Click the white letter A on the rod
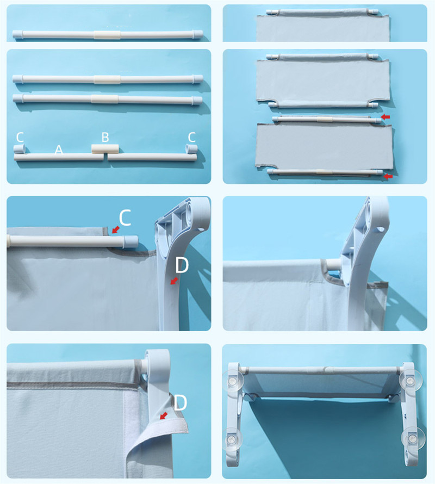[x=59, y=150]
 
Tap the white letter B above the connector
[x=105, y=137]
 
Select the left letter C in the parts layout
[x=20, y=137]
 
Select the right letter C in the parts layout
[x=192, y=137]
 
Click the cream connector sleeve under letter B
[x=105, y=149]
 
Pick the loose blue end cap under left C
[x=19, y=148]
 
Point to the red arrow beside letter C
[x=116, y=229]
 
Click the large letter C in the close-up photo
[x=125, y=218]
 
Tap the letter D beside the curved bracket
[x=182, y=265]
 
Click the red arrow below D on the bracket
[x=174, y=281]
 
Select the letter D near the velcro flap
[x=181, y=402]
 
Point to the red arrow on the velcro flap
[x=164, y=415]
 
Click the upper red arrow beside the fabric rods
[x=386, y=117]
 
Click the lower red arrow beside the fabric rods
[x=388, y=176]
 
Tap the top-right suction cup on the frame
[x=411, y=380]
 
